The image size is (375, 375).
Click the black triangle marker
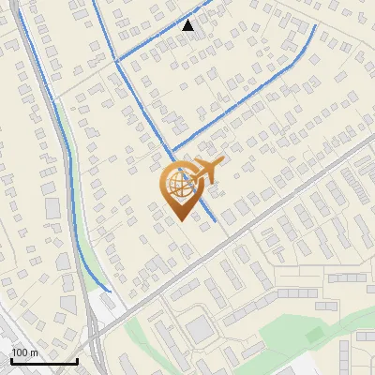(188, 25)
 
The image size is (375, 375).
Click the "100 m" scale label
(23, 352)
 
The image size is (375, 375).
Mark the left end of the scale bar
(11, 361)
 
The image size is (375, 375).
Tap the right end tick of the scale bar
(77, 361)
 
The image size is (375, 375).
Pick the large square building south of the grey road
(201, 329)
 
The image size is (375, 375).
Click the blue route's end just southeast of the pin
(217, 221)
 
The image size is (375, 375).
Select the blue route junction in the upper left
(115, 61)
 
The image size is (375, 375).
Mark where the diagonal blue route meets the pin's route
(172, 150)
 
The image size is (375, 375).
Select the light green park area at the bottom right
(281, 337)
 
